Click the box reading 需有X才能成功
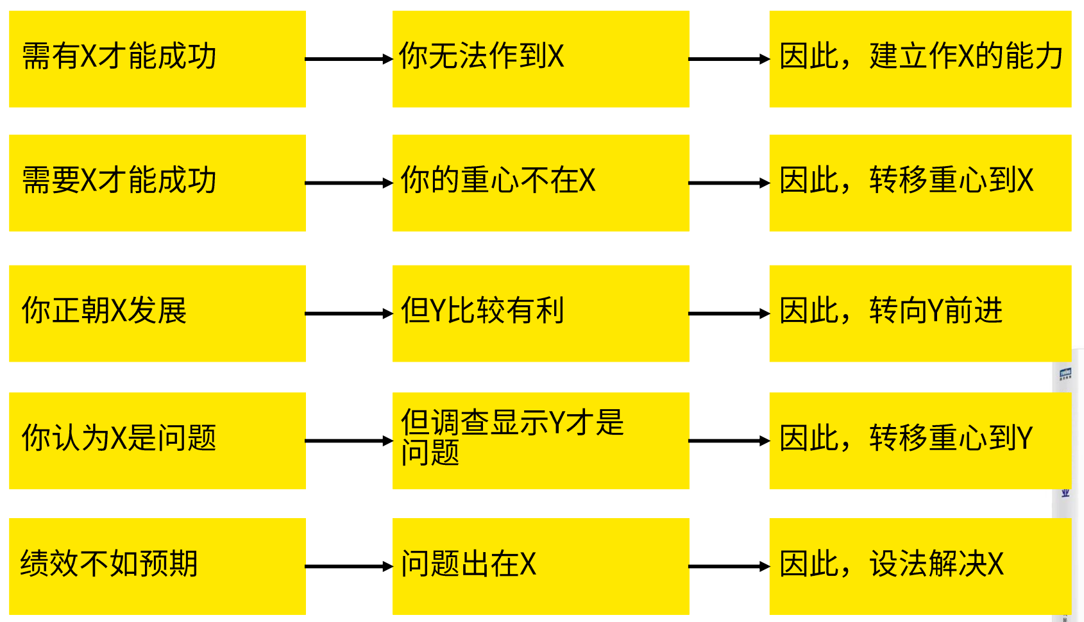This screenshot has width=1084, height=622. (157, 59)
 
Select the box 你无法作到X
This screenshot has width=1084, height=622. (541, 59)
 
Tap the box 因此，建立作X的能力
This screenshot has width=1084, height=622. (920, 59)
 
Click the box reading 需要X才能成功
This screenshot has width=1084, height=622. (157, 183)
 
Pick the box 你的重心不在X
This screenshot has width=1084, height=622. (541, 183)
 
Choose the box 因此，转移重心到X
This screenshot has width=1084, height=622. (920, 183)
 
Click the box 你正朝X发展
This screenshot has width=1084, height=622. (157, 314)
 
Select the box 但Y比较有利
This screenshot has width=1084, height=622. (541, 314)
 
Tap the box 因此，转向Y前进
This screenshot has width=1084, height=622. (920, 314)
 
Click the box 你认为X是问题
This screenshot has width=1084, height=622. (157, 441)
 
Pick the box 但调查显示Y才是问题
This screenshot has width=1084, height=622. (541, 441)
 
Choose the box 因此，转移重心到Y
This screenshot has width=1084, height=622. (920, 441)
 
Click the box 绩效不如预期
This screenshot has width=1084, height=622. (157, 566)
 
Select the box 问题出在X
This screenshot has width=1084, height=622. (541, 566)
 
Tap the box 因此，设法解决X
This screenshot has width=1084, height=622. (920, 566)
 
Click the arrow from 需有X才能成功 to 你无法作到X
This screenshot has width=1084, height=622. (348, 59)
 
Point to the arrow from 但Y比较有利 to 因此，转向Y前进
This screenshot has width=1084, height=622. (729, 314)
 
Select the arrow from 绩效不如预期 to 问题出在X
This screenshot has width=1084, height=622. (348, 566)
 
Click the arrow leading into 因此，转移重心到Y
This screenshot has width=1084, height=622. (729, 441)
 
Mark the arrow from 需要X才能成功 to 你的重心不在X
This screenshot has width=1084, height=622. (348, 183)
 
